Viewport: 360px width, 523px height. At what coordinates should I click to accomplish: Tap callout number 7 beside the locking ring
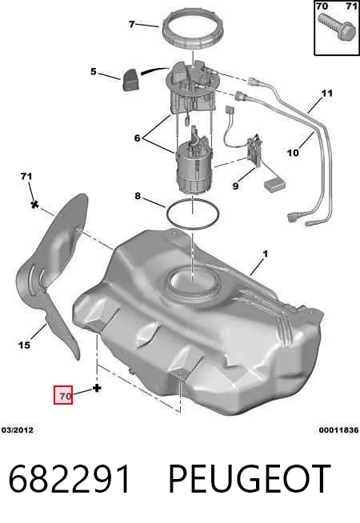point(132,24)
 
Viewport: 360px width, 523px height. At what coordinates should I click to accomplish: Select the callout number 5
point(94,71)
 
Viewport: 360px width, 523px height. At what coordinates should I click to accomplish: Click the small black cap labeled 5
point(131,79)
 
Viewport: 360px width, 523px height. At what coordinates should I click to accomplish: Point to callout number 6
point(137,138)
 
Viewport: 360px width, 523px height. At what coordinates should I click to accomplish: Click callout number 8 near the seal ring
point(138,196)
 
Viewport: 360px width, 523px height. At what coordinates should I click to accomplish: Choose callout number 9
point(235,186)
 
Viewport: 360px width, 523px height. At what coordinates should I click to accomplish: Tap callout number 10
point(293,153)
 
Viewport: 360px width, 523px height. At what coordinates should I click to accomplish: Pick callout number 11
point(327,93)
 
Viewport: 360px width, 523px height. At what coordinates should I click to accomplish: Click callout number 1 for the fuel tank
point(266,254)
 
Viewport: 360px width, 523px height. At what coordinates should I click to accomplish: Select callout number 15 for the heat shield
point(24,345)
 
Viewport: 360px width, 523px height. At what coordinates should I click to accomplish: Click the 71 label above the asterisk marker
point(26,176)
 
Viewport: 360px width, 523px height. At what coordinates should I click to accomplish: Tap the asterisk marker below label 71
point(34,204)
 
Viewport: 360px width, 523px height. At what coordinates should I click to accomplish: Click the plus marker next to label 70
point(97,388)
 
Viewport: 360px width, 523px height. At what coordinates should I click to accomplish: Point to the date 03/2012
point(18,430)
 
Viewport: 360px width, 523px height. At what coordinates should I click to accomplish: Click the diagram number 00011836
point(338,430)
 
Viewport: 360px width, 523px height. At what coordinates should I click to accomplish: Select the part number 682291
point(70,479)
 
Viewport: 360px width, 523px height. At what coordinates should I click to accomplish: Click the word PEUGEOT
point(250,479)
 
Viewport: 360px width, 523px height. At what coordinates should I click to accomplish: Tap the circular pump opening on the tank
point(193,281)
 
